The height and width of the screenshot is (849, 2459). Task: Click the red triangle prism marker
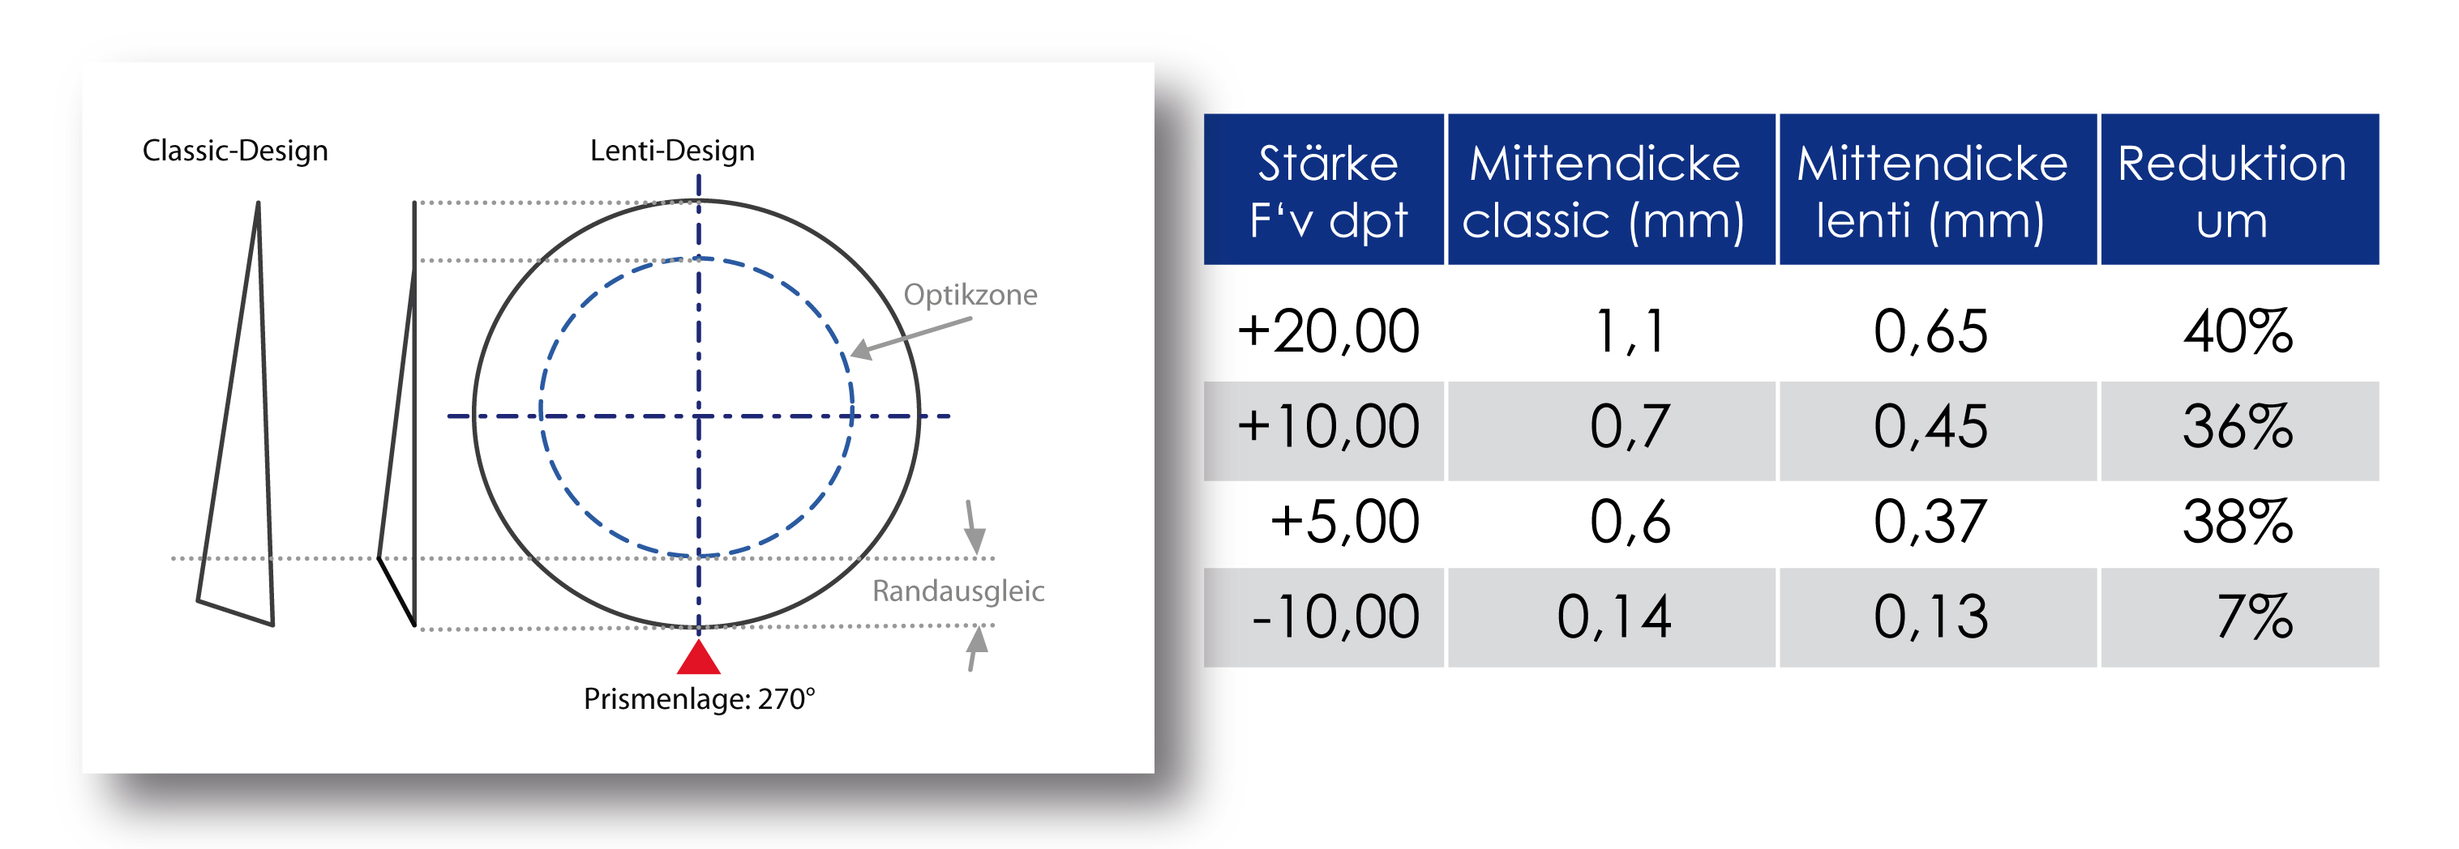tap(699, 657)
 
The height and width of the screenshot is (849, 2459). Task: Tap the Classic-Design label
tap(235, 151)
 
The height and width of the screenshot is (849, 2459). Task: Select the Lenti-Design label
tap(672, 151)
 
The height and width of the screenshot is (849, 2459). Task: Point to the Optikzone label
tap(970, 295)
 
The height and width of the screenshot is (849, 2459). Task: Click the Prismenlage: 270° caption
tap(699, 699)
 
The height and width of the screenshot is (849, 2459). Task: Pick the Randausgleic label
tap(958, 591)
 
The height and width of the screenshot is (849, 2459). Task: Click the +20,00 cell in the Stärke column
tap(1328, 332)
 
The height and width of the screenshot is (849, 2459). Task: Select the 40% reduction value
tap(2238, 332)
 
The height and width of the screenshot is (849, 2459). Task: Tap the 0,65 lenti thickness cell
tap(1930, 332)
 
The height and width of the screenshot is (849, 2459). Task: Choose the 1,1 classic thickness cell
tap(1630, 332)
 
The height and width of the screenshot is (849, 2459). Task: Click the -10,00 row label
tap(1335, 616)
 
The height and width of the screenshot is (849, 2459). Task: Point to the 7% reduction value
tap(2255, 616)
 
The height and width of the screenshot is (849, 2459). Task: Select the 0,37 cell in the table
tap(1930, 522)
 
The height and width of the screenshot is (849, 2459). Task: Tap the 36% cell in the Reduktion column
tap(2238, 426)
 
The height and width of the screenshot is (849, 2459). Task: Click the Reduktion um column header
tap(2232, 192)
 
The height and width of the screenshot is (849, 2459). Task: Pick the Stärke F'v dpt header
tap(1328, 192)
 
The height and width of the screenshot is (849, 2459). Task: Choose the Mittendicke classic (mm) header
tap(1604, 192)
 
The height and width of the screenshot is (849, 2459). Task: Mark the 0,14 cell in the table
tap(1614, 616)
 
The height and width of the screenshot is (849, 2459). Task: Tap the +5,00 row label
tap(1344, 522)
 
